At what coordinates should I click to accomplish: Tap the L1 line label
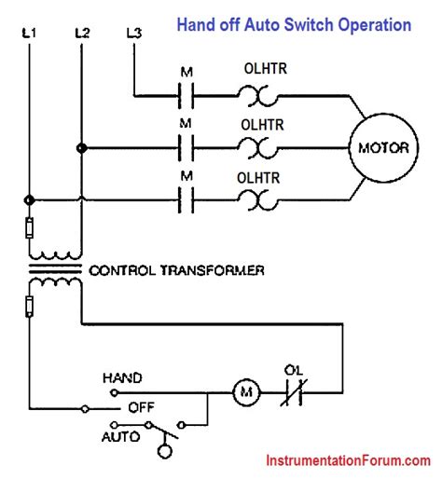[x=30, y=34]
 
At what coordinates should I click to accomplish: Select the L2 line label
[x=81, y=34]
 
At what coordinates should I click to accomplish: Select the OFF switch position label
[x=140, y=407]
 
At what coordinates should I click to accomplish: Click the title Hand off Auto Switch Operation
[x=294, y=25]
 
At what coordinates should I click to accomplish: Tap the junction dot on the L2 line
[x=81, y=147]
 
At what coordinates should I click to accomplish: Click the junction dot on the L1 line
[x=30, y=198]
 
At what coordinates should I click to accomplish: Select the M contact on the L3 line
[x=186, y=95]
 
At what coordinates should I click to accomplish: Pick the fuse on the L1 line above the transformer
[x=30, y=226]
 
